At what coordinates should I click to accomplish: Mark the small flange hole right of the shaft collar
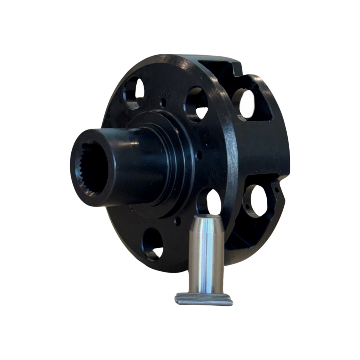click(x=199, y=155)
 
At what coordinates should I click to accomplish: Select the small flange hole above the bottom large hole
click(x=178, y=221)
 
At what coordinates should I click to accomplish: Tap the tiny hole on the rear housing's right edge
click(x=276, y=190)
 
